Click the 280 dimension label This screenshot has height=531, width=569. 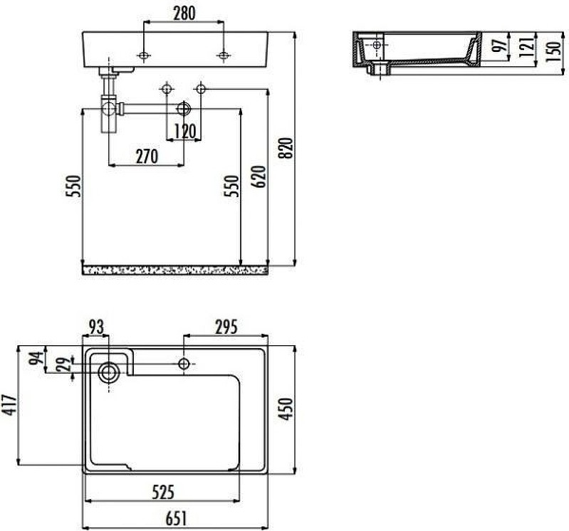pos(184,14)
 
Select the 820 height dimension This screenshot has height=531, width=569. pos(287,148)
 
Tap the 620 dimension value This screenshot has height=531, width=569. pos(259,177)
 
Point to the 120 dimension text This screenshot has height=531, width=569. pos(185,131)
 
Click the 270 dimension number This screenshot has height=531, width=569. pos(147,157)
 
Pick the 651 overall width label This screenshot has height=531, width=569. pos(176,519)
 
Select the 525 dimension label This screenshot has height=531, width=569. pos(163,492)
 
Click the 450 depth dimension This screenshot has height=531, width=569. pos(287,409)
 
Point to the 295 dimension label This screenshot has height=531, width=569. pos(226,327)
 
